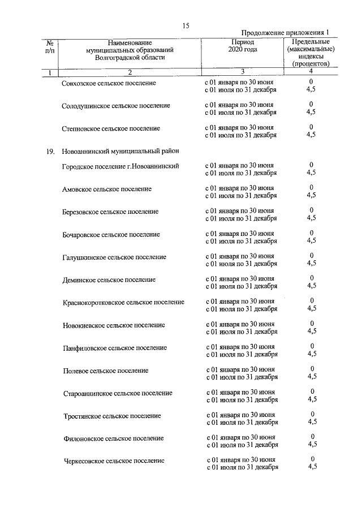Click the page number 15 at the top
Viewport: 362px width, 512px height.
coord(186,25)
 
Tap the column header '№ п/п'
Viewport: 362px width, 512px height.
coord(50,46)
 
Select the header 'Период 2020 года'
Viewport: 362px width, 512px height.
coord(243,46)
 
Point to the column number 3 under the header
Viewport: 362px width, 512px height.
coord(242,72)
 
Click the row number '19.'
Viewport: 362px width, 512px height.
coord(50,151)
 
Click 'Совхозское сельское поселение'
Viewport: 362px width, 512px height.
coord(109,83)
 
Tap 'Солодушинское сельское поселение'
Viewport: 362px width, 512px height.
coord(116,106)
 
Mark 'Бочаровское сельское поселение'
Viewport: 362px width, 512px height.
coord(111,234)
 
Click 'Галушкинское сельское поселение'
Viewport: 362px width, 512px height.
coord(114,257)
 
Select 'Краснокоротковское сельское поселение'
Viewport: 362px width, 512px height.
coord(123,302)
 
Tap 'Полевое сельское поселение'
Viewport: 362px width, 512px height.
coord(105,371)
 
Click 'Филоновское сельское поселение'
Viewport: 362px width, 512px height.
coord(113,438)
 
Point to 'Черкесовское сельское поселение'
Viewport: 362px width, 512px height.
coord(114,461)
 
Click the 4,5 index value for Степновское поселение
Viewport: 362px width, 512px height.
coord(311,135)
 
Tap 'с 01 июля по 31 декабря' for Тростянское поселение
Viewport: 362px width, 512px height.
coord(242,422)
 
